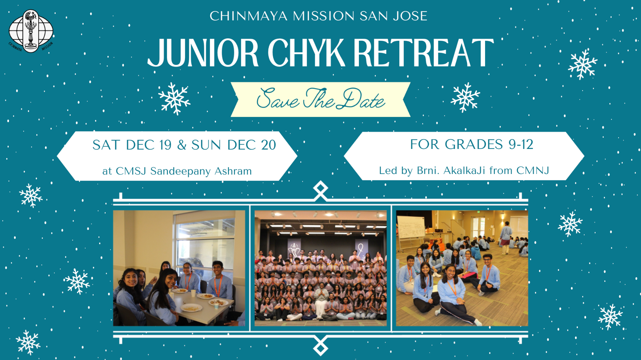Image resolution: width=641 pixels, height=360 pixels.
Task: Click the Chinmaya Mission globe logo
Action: tap(31, 31)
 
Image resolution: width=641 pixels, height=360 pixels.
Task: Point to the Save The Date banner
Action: tap(320, 99)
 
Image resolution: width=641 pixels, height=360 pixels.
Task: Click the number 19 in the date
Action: tap(165, 145)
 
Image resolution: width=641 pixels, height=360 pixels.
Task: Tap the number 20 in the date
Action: tap(268, 145)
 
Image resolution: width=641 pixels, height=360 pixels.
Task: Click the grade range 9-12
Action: tap(521, 144)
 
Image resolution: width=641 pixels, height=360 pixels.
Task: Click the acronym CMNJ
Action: tap(532, 170)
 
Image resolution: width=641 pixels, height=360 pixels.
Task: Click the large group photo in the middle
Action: tap(320, 268)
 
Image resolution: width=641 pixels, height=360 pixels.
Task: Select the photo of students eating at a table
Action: tap(179, 268)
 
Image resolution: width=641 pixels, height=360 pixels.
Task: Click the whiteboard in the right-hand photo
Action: tap(411, 227)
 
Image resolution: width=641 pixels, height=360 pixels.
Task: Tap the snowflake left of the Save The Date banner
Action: tap(174, 99)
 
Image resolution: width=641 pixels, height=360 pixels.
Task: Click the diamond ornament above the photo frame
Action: tap(320, 190)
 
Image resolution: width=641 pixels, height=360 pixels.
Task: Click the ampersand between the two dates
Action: tap(182, 145)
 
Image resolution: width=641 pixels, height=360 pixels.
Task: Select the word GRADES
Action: tap(474, 144)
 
